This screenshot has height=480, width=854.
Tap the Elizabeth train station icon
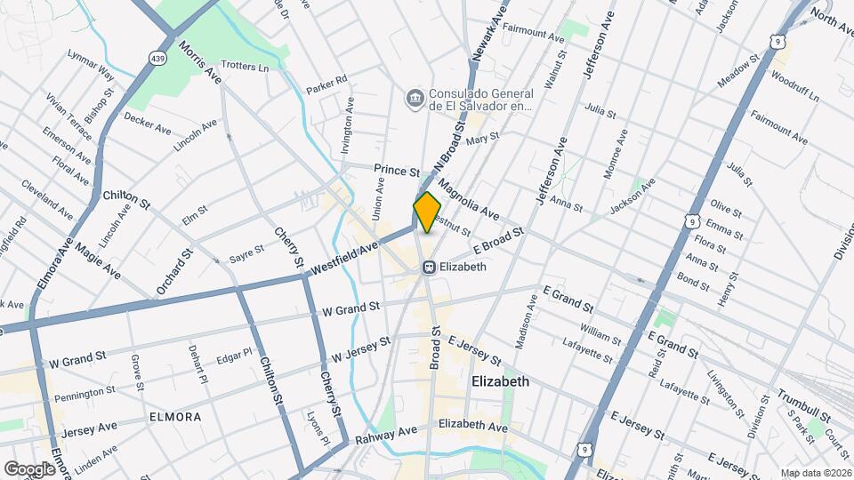[429, 267]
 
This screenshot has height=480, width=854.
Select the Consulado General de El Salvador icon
[414, 97]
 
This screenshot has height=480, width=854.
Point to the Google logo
[29, 468]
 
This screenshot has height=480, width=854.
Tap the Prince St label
[396, 170]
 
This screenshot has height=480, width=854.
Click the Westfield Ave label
[345, 256]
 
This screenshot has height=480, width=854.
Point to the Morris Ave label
[200, 61]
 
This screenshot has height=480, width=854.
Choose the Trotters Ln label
[244, 67]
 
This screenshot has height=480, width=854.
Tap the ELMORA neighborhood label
[175, 416]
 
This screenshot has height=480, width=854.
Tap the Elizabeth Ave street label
[473, 425]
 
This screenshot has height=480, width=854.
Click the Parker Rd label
[326, 90]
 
